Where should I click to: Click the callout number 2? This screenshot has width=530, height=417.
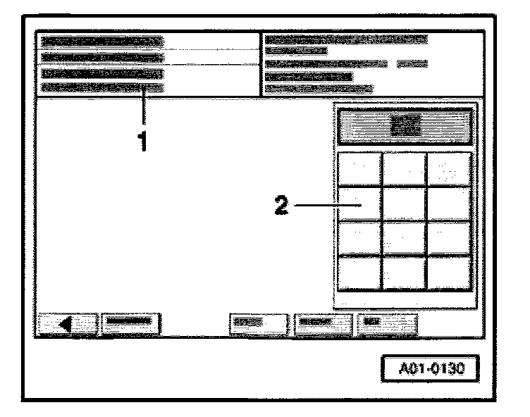[x=281, y=206]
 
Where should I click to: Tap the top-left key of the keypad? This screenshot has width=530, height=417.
[x=359, y=168]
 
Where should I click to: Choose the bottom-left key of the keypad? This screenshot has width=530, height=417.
[x=359, y=273]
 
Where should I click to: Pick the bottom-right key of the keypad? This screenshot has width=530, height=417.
[x=449, y=273]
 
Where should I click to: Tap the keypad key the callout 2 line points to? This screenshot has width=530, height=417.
[x=359, y=204]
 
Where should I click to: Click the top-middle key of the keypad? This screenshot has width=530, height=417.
[x=404, y=168]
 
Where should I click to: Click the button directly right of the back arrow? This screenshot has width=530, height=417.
[x=130, y=323]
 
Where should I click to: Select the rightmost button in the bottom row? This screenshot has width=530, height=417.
[x=387, y=323]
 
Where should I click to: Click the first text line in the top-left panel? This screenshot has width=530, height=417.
[x=102, y=42]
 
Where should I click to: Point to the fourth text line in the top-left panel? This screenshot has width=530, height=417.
[x=102, y=88]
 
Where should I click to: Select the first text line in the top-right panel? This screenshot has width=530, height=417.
[x=345, y=39]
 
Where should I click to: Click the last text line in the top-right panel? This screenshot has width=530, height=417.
[x=319, y=89]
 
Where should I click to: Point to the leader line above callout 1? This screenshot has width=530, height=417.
[x=144, y=107]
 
